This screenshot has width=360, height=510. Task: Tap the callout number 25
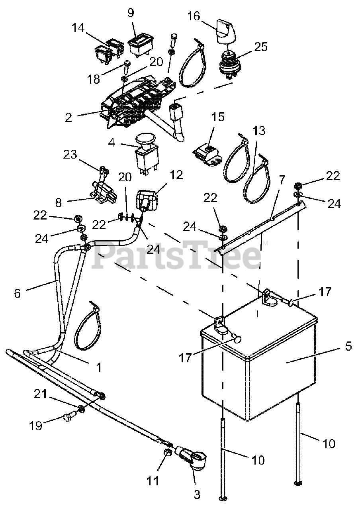261,47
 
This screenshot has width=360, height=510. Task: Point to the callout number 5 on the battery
348,346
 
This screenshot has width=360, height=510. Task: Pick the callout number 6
17,293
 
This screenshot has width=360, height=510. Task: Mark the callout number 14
78,28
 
